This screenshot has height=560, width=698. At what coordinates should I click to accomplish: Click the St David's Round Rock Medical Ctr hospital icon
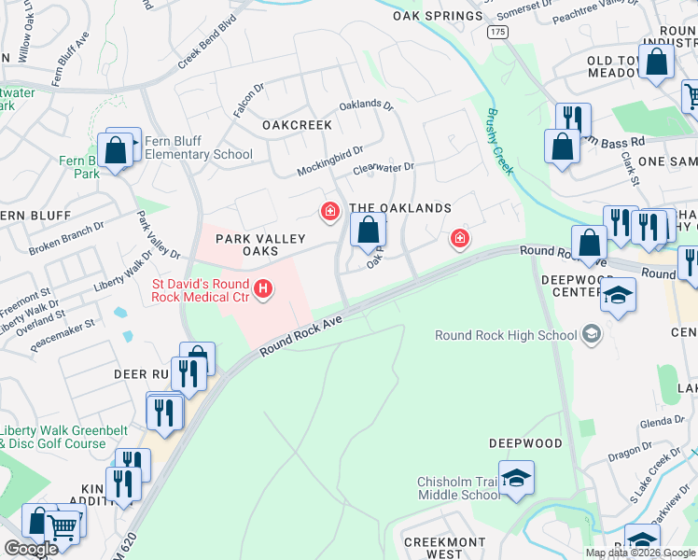click(x=263, y=290)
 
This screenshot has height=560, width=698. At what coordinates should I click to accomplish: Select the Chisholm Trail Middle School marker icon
click(x=516, y=479)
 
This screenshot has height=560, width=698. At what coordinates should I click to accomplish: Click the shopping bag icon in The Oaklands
click(x=369, y=229)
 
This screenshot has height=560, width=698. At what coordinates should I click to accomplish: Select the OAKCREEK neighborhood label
click(x=297, y=124)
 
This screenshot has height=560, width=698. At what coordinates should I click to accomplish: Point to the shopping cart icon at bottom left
click(x=63, y=527)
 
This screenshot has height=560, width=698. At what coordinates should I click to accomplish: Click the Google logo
click(x=31, y=549)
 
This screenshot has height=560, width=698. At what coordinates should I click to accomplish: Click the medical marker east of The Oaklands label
click(x=459, y=240)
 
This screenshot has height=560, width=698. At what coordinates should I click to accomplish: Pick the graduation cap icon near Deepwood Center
click(x=616, y=296)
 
